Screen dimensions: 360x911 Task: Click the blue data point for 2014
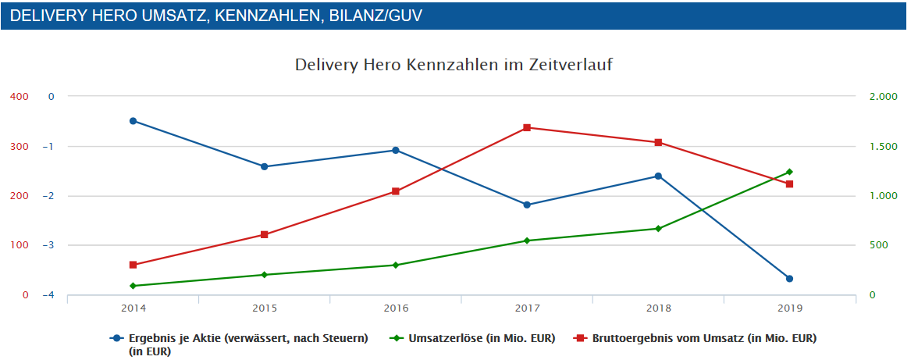click(133, 121)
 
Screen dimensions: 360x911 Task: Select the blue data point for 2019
click(789, 279)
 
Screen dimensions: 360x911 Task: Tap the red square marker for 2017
click(527, 127)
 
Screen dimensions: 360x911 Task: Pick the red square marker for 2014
click(133, 265)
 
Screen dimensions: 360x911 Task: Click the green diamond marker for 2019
click(789, 172)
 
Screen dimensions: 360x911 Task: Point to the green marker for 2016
click(396, 266)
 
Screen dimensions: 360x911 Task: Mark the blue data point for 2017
click(527, 205)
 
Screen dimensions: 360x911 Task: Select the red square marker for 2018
click(658, 142)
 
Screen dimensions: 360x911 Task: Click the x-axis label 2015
click(265, 308)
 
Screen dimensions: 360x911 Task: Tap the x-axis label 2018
click(658, 308)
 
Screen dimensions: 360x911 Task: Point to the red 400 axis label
click(19, 97)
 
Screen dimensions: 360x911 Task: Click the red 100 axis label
click(19, 245)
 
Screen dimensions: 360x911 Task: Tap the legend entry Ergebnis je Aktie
click(247, 338)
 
